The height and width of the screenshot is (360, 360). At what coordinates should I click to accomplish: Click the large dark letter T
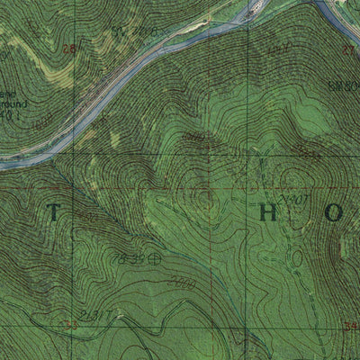pyautogui.click(x=53, y=213)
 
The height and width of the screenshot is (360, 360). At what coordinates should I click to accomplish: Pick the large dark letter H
pyautogui.click(x=267, y=213)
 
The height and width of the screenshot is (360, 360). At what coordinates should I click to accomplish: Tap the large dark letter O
pyautogui.click(x=334, y=213)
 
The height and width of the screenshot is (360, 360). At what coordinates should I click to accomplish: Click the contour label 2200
pyautogui.click(x=182, y=283)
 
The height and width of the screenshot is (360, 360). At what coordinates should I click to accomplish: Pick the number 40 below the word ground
pyautogui.click(x=9, y=113)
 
